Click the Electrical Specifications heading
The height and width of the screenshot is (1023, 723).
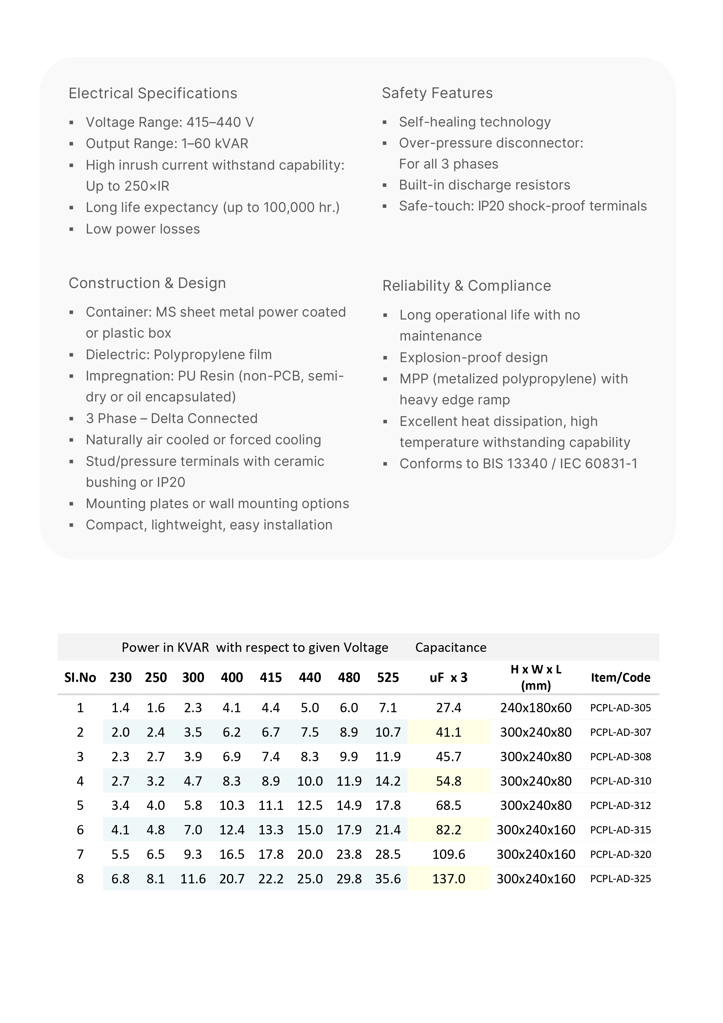click(x=153, y=94)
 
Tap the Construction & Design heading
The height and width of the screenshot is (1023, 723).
click(x=147, y=283)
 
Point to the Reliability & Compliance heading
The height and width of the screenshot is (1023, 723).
click(x=466, y=286)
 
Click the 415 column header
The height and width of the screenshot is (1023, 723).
click(x=270, y=678)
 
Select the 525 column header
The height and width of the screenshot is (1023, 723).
click(x=388, y=678)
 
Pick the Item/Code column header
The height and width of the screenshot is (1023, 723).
click(x=620, y=678)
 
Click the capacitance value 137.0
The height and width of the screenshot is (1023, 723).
click(x=448, y=879)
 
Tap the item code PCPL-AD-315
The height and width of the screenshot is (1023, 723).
click(x=620, y=830)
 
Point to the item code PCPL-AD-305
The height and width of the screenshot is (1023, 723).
click(x=620, y=708)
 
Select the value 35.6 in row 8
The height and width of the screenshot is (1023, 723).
click(x=388, y=879)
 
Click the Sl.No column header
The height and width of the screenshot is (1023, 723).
click(x=80, y=678)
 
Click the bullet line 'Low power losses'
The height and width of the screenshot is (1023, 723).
click(x=143, y=229)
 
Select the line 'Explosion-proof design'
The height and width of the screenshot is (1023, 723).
click(x=474, y=358)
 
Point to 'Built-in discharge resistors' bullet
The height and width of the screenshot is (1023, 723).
click(x=484, y=185)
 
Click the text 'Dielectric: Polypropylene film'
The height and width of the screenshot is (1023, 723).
click(x=179, y=355)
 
